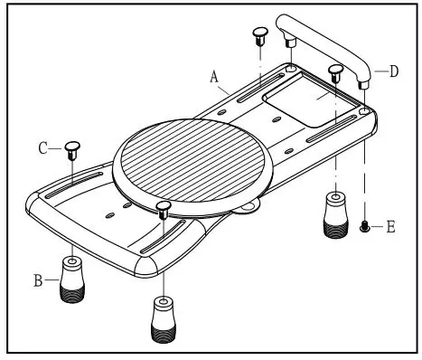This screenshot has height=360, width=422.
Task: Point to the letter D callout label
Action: [x=394, y=71]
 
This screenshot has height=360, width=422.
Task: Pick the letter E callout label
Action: [x=390, y=227]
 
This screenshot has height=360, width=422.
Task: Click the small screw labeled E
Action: [x=364, y=227]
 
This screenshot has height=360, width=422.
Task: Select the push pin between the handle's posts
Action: [x=335, y=72]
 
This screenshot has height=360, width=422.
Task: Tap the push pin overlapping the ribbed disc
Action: [x=163, y=211]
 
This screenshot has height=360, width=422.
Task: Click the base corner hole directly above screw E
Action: [x=363, y=112]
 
